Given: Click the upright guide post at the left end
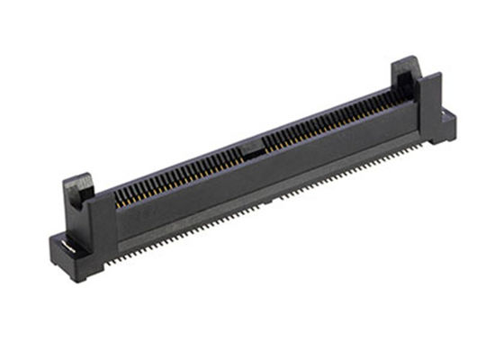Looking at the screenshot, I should [x=78, y=202].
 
